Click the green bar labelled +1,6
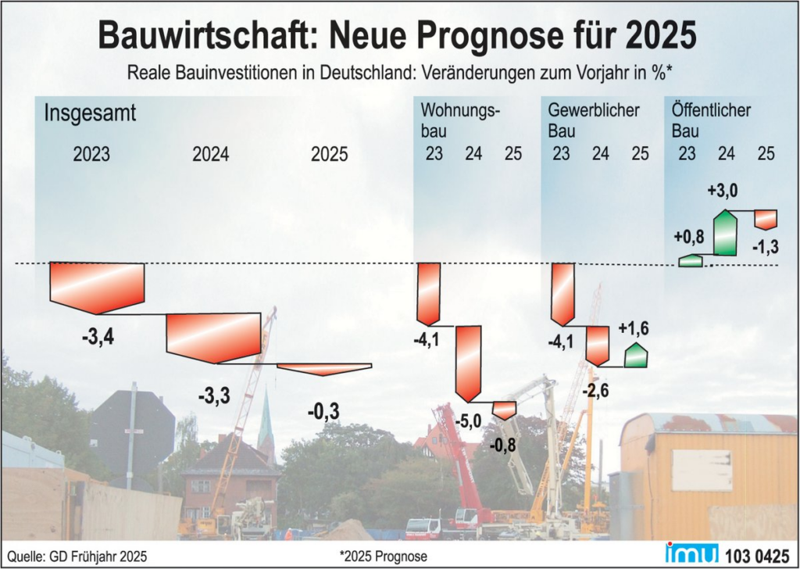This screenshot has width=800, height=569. [636, 356]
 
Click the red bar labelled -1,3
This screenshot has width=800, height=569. [766, 219]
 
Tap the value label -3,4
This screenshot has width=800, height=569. [98, 338]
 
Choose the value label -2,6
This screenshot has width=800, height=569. [596, 390]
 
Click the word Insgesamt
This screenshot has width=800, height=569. [90, 113]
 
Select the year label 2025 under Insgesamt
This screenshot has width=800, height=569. [330, 154]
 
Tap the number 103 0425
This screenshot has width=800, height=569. [756, 555]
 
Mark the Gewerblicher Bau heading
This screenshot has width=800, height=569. [594, 120]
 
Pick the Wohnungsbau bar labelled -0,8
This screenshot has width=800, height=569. [505, 410]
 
